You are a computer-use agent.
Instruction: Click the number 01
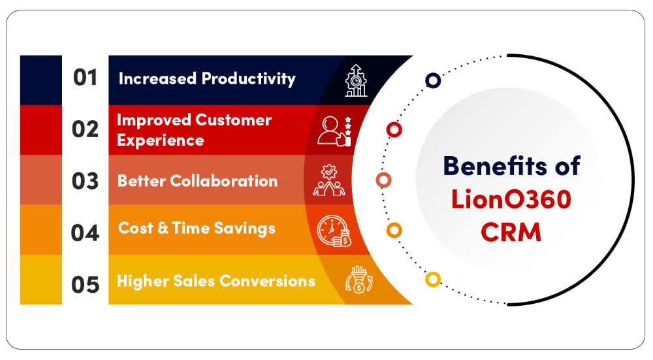pyautogui.click(x=86, y=78)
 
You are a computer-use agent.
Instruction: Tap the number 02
pyautogui.click(x=86, y=129)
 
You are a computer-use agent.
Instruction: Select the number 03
pyautogui.click(x=86, y=181)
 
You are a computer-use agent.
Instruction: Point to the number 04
pyautogui.click(x=86, y=233)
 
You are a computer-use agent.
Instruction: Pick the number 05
pyautogui.click(x=86, y=285)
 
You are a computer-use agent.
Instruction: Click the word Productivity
pyautogui.click(x=249, y=79)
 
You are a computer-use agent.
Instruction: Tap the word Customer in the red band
pyautogui.click(x=233, y=120)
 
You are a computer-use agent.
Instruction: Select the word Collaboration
pyautogui.click(x=223, y=181)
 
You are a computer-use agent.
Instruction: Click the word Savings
pyautogui.click(x=244, y=229)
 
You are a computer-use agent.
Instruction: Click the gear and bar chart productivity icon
pyautogui.click(x=356, y=80)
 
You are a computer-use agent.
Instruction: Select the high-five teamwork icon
pyautogui.click(x=329, y=180)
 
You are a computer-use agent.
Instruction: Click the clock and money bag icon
pyautogui.click(x=334, y=231)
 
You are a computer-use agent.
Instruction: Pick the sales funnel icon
pyautogui.click(x=359, y=280)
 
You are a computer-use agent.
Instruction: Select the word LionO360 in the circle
pyautogui.click(x=511, y=199)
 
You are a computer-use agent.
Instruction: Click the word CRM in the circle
pyautogui.click(x=511, y=232)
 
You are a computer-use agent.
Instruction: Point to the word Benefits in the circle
pyautogui.click(x=495, y=166)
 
